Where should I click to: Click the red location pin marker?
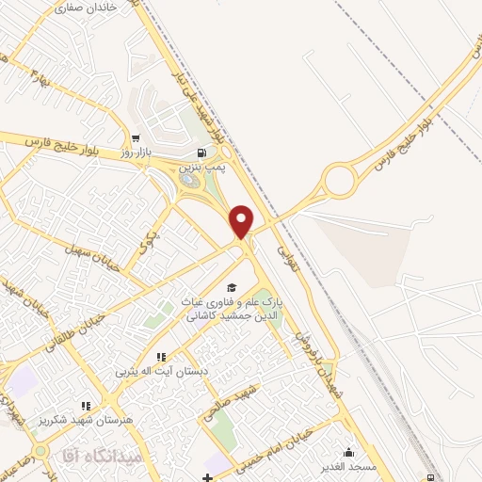(242, 219)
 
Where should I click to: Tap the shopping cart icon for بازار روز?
(137, 137)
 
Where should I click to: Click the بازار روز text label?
(137, 151)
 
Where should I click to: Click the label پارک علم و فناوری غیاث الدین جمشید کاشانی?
(233, 310)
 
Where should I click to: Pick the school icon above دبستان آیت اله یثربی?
(160, 358)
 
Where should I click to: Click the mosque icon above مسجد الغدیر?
(349, 452)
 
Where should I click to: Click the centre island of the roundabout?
(338, 179)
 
